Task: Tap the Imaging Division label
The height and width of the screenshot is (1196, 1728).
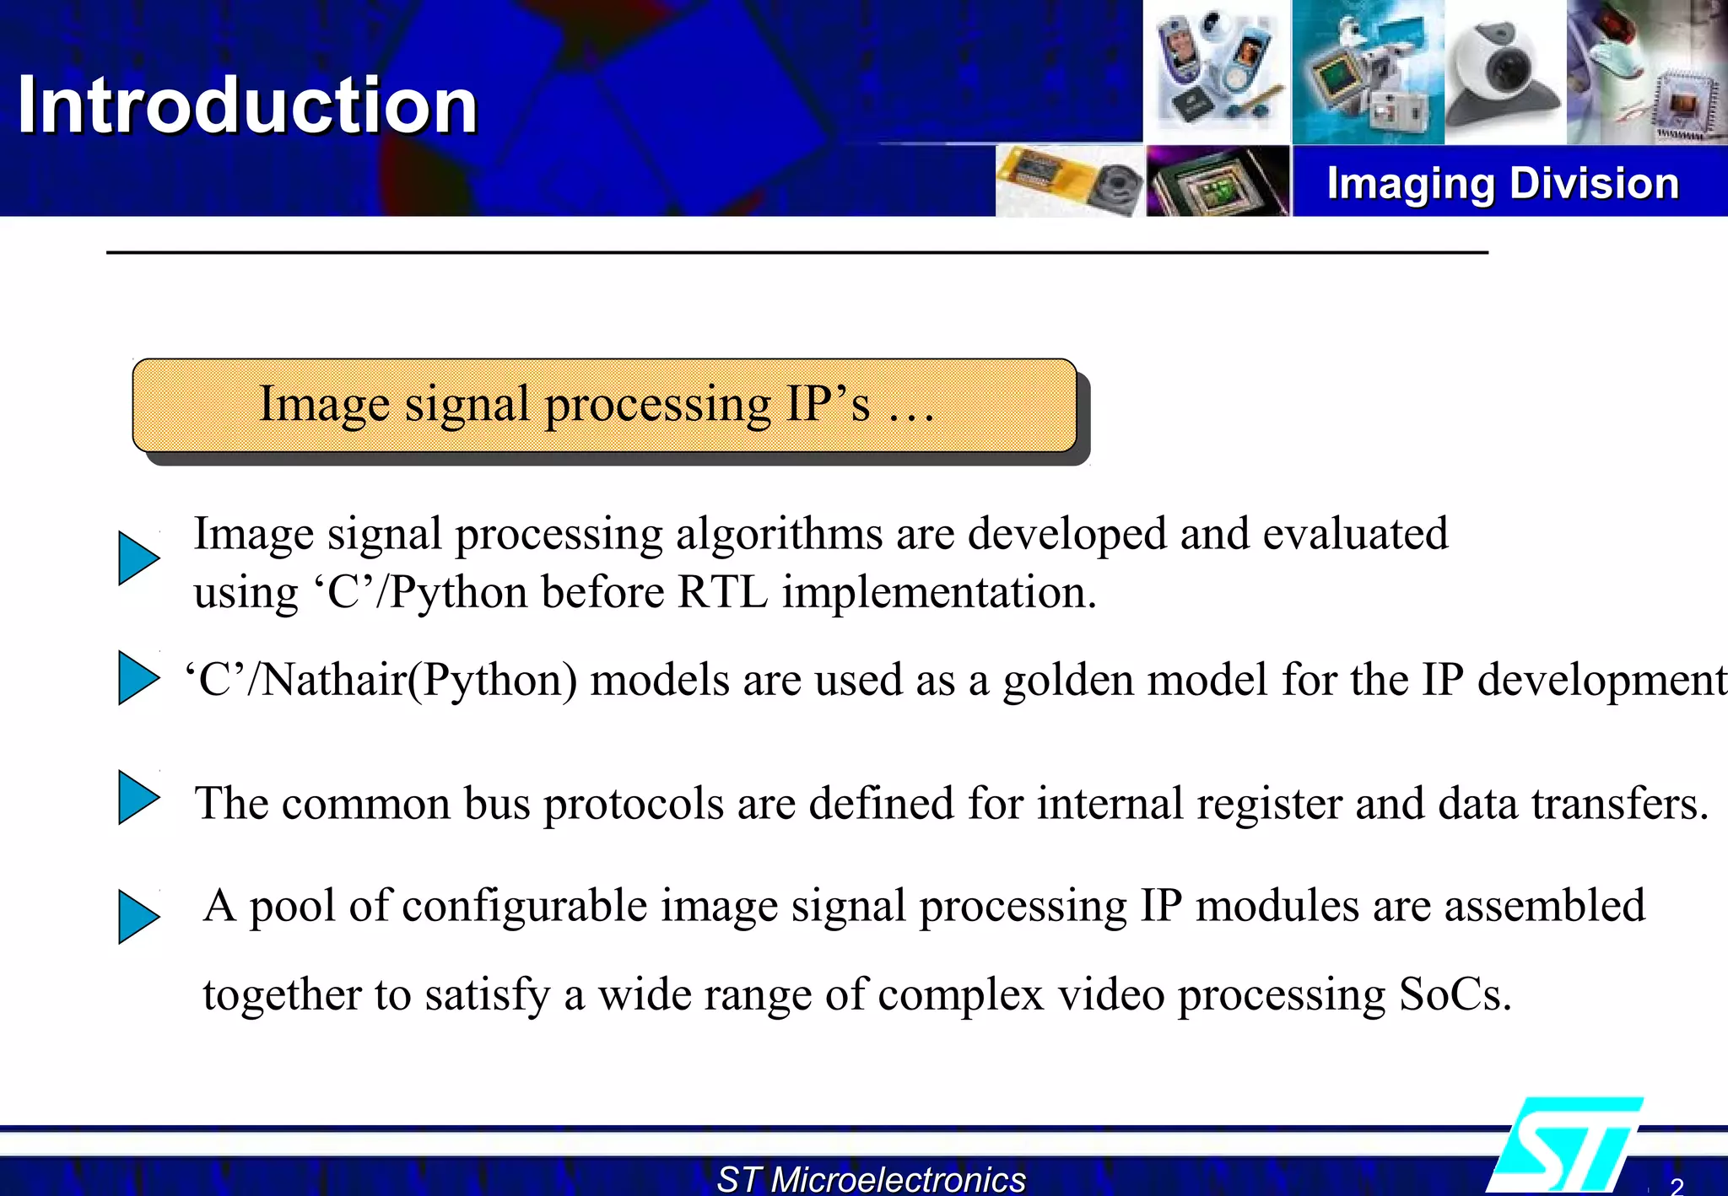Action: [1503, 183]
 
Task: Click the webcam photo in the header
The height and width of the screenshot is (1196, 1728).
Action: [1504, 72]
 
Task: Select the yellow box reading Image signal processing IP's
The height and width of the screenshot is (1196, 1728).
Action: [604, 405]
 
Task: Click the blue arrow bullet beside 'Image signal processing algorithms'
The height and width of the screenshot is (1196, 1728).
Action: [138, 558]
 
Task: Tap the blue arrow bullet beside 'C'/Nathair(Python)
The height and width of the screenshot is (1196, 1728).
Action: [138, 677]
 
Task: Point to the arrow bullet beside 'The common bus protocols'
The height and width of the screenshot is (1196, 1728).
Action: [138, 797]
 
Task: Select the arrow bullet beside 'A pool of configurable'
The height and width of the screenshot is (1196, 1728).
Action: [138, 917]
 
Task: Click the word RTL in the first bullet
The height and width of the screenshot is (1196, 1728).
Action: [722, 592]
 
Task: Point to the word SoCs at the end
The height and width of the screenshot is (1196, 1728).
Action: [1453, 994]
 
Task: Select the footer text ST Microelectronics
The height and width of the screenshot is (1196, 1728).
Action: [871, 1178]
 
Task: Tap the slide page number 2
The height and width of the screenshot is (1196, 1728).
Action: [1676, 1186]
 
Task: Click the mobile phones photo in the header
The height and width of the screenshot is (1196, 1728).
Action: [1216, 72]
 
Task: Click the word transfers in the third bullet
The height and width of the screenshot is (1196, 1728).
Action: [1619, 803]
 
